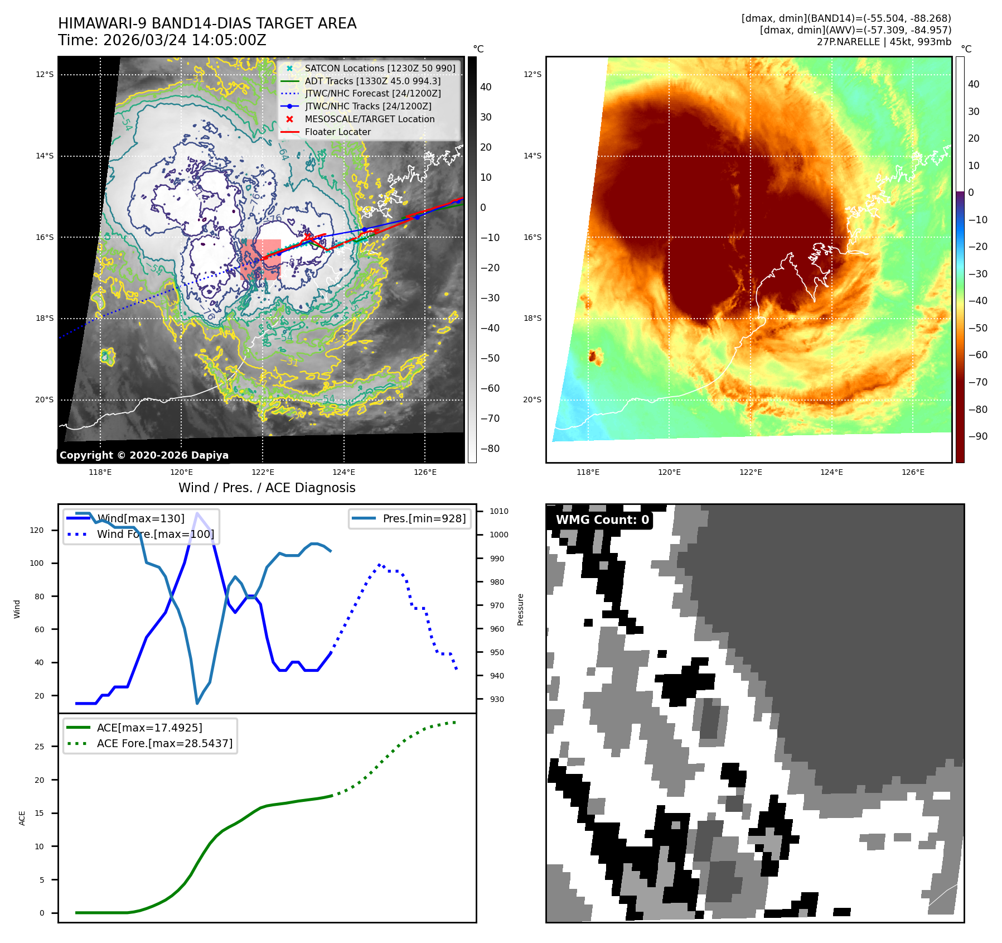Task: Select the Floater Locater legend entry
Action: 337,132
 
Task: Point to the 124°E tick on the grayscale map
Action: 343,472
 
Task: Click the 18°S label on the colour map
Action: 532,318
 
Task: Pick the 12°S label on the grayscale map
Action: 45,74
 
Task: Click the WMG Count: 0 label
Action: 602,519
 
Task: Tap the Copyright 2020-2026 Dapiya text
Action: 144,455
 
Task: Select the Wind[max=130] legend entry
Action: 141,518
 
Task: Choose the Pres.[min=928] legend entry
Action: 424,518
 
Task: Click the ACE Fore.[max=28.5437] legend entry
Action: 164,743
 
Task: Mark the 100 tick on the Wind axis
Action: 36,563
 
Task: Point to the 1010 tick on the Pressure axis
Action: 499,511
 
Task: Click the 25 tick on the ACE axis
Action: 39,747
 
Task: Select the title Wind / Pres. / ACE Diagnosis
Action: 267,488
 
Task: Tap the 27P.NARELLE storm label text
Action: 884,42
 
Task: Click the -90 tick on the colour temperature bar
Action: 977,436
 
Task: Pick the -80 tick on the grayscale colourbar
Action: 490,449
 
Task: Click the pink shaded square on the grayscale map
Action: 260,259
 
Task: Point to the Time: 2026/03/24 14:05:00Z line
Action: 162,40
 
